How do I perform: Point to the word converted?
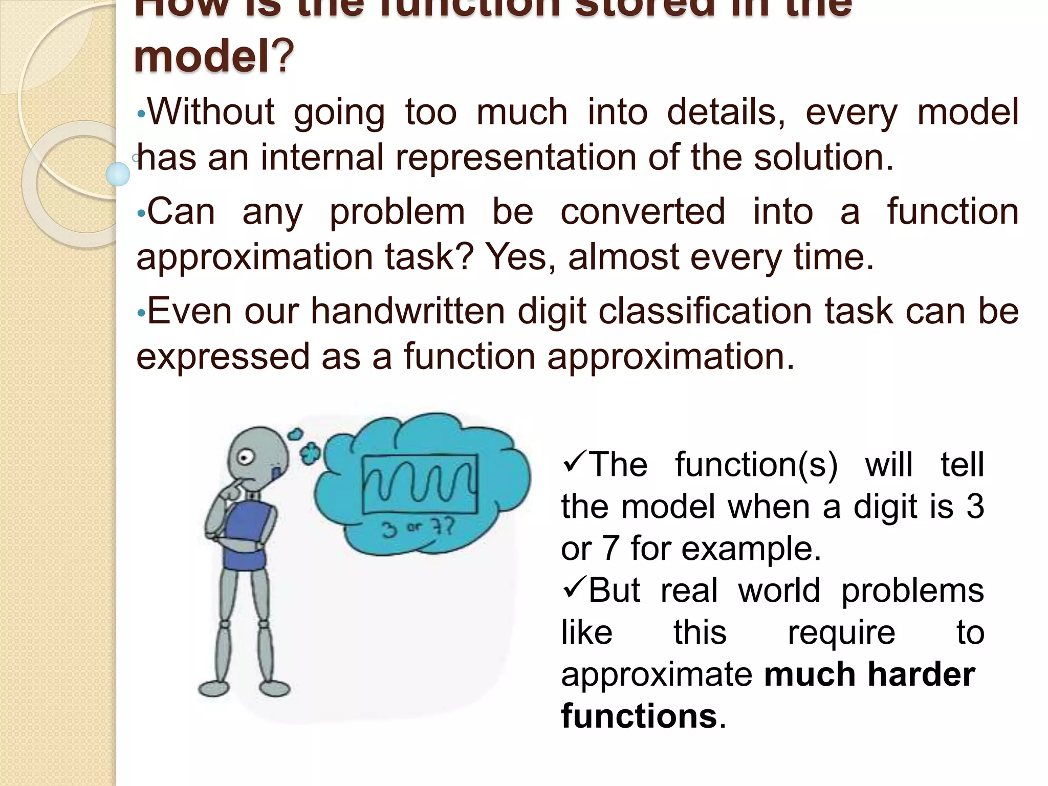pos(643,211)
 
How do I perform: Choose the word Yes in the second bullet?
pos(519,257)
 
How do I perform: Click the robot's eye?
pos(246,457)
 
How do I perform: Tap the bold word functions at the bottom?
pos(639,716)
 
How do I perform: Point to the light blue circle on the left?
pos(118,174)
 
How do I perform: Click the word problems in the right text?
pos(912,591)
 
